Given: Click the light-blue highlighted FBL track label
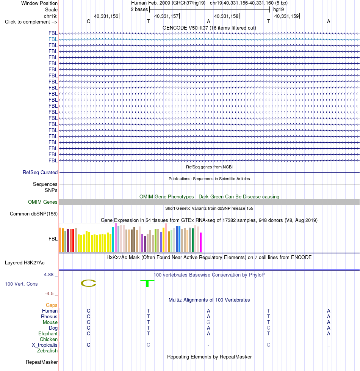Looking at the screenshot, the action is tap(53, 39).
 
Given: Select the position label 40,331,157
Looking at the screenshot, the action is tap(166, 16).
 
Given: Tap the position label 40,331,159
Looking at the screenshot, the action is tap(286, 16).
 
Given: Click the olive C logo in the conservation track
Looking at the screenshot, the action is tap(88, 283).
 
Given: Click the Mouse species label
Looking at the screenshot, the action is tap(50, 322).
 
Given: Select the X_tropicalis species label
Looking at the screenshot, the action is tap(45, 345).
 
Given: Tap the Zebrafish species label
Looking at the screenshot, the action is tap(47, 351).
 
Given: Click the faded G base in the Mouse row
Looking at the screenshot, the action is tap(208, 322).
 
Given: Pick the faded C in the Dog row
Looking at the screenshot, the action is tap(269, 328).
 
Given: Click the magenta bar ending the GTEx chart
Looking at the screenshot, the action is tap(201, 242).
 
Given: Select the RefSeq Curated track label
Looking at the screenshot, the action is tap(40, 173).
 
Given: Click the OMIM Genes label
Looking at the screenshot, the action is tap(42, 202).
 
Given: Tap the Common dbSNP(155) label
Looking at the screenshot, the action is tap(34, 214).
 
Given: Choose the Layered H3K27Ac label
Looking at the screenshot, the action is tap(25, 263).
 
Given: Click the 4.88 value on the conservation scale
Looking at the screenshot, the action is tap(49, 275).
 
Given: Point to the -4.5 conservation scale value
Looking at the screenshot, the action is tap(49, 293).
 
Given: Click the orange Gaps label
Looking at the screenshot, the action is tap(52, 305).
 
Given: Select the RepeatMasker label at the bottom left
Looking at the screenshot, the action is tap(42, 362).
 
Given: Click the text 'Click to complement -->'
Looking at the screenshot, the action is tap(31, 22).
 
